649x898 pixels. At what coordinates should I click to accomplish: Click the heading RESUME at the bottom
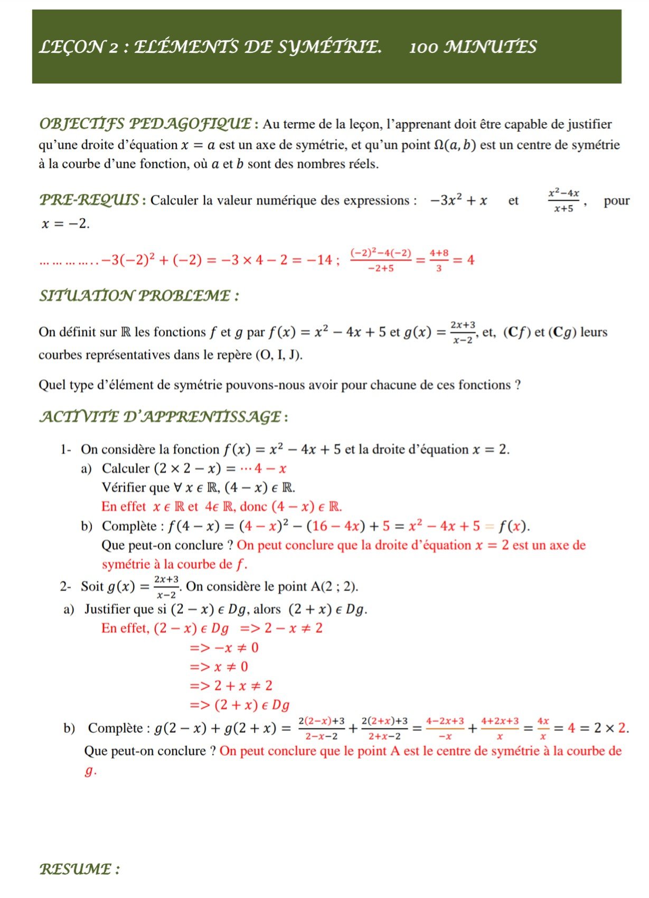(x=79, y=869)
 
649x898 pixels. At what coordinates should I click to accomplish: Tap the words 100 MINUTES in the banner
(x=473, y=48)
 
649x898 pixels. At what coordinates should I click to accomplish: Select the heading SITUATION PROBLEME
(x=139, y=296)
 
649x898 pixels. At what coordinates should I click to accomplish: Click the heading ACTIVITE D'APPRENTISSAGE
(x=163, y=417)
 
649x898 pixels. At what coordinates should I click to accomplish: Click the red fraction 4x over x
(x=543, y=728)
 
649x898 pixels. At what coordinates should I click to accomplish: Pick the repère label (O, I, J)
(x=278, y=354)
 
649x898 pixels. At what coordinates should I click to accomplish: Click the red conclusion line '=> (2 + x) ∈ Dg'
(x=240, y=705)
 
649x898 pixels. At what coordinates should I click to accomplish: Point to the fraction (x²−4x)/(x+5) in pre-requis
(x=564, y=200)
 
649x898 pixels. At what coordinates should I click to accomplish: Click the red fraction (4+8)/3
(x=439, y=260)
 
